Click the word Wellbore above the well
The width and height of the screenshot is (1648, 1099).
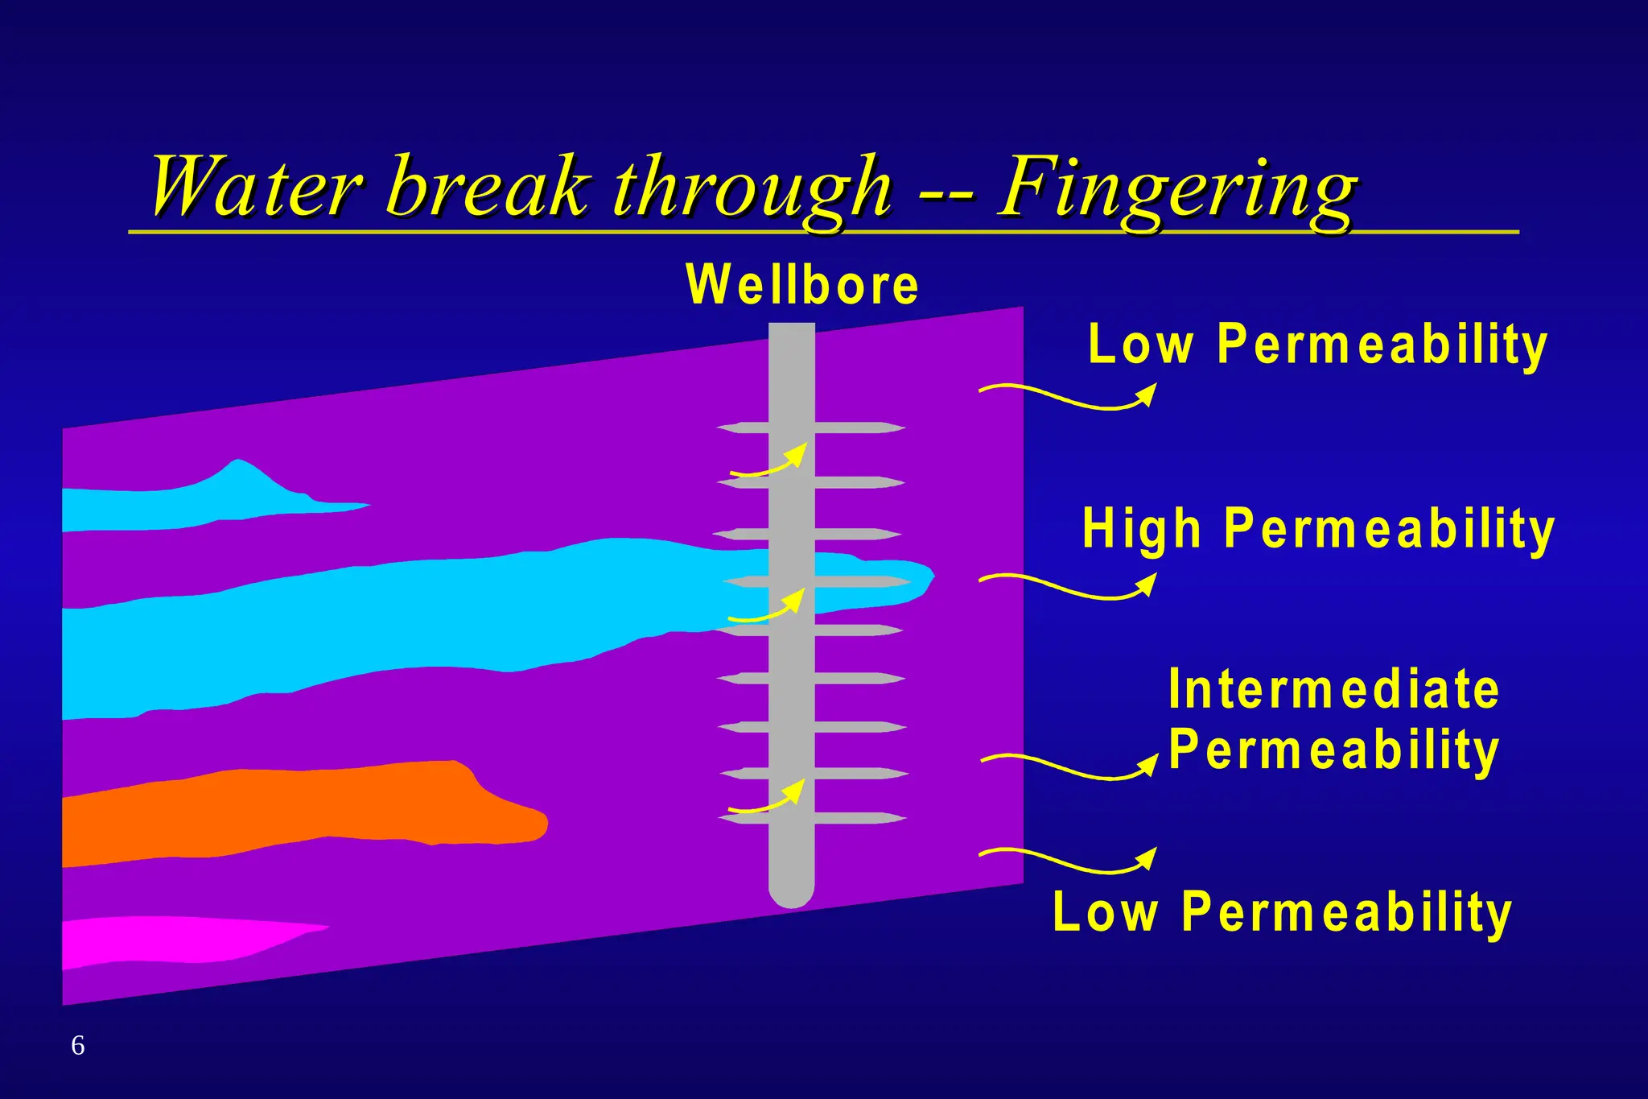pyautogui.click(x=801, y=285)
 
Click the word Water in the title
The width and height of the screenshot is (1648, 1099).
pyautogui.click(x=256, y=188)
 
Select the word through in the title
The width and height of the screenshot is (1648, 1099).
pyautogui.click(x=752, y=190)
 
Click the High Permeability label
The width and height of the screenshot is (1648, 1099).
pyautogui.click(x=1318, y=530)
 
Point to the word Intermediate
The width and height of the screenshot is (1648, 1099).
pyautogui.click(x=1333, y=690)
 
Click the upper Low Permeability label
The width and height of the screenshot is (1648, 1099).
pyautogui.click(x=1317, y=345)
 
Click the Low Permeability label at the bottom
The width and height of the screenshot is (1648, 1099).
pyautogui.click(x=1282, y=912)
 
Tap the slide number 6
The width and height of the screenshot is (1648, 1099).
pyautogui.click(x=78, y=1045)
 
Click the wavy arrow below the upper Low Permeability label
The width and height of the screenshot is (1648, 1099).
pyautogui.click(x=1068, y=398)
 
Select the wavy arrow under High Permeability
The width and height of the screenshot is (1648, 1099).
pyautogui.click(x=1068, y=587)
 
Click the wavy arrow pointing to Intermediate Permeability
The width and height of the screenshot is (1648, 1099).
pyautogui.click(x=1069, y=767)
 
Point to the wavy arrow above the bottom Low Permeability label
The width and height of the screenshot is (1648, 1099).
pyautogui.click(x=1068, y=861)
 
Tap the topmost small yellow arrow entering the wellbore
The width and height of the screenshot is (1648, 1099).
pyautogui.click(x=768, y=464)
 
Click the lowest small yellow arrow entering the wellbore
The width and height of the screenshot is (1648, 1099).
pyautogui.click(x=767, y=799)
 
